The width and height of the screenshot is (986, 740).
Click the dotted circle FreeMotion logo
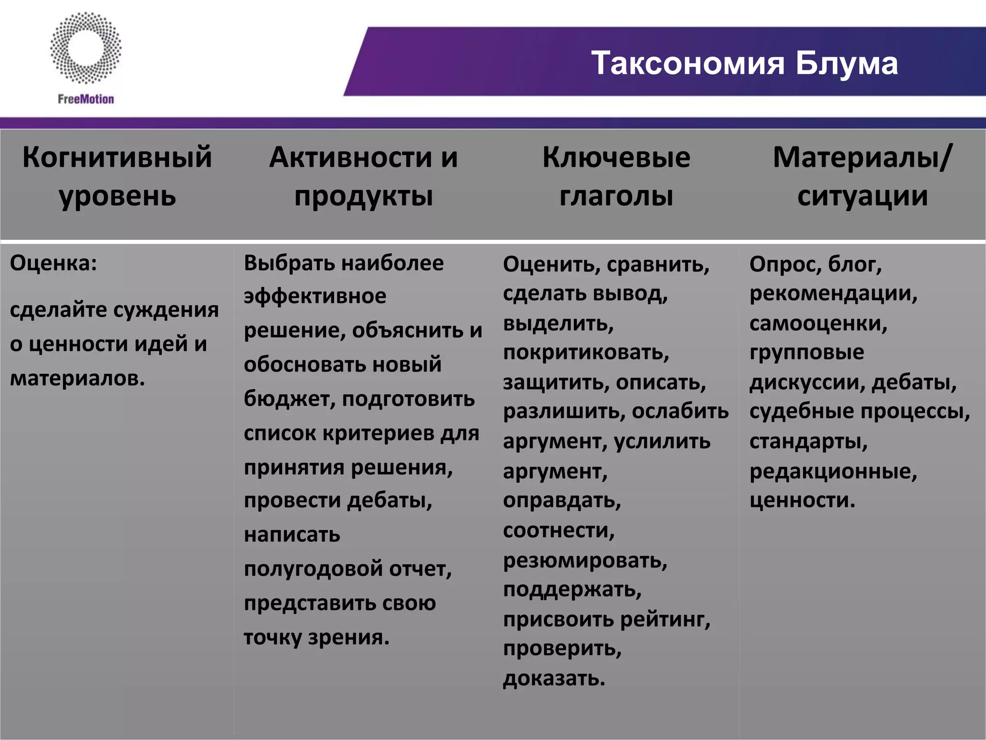86,48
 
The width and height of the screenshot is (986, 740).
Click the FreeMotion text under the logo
86,99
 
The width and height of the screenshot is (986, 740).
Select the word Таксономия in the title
688,63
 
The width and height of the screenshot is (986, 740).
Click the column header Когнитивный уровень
117,176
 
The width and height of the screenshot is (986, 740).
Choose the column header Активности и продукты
363,176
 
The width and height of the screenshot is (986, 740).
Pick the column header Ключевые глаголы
616,176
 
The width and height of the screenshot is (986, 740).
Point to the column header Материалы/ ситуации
862,176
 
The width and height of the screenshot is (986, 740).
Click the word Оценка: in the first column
53,263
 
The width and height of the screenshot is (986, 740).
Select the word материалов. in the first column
78,378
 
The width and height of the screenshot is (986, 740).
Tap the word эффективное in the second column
315,296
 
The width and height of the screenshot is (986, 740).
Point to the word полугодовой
313,569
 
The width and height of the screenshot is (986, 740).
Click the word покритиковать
586,353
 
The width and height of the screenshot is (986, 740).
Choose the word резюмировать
585,561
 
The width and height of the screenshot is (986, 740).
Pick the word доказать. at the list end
554,678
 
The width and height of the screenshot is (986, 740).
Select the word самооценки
818,323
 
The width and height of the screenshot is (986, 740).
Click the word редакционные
833,471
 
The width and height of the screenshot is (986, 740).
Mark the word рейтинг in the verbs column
664,620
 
